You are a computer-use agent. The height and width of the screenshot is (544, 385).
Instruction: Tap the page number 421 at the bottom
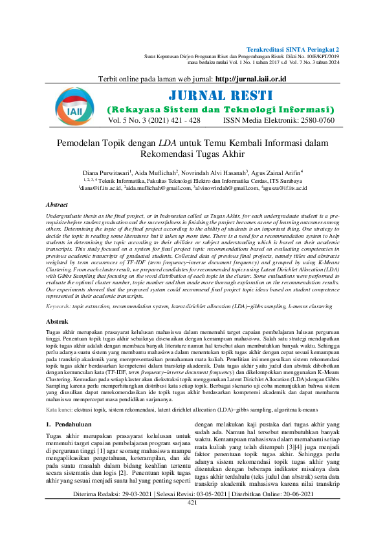coord(192,519)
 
